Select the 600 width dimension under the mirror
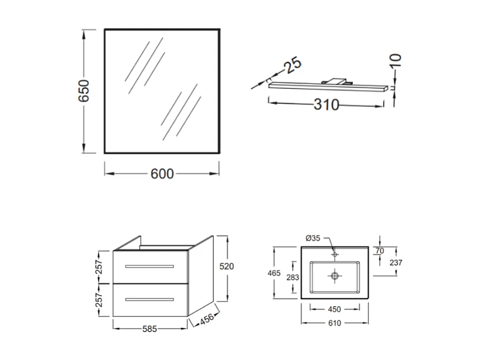click(x=162, y=173)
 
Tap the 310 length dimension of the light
click(x=326, y=105)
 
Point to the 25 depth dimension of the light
click(x=293, y=65)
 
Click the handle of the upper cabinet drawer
click(x=150, y=265)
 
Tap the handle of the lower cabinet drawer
click(x=150, y=299)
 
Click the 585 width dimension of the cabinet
click(x=150, y=329)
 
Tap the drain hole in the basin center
click(x=334, y=275)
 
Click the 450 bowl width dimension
click(x=334, y=310)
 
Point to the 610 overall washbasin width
click(x=334, y=323)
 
